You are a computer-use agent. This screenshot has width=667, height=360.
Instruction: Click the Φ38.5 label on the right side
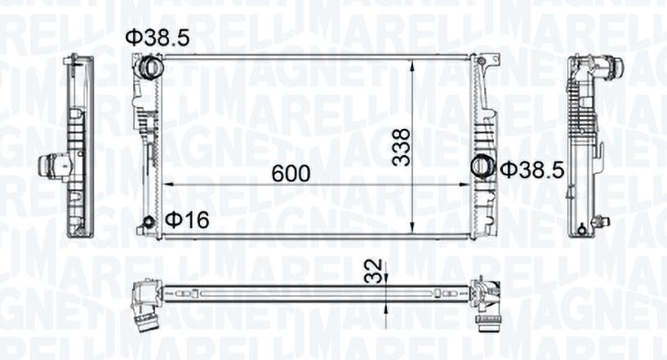pyautogui.click(x=531, y=170)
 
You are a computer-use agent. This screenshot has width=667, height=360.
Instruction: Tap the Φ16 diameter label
pyautogui.click(x=187, y=220)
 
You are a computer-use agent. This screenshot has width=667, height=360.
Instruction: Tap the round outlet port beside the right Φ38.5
pyautogui.click(x=482, y=167)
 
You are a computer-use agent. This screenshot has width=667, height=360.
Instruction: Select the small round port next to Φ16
pyautogui.click(x=148, y=224)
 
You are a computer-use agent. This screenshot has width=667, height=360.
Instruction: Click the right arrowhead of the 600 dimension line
pyautogui.click(x=467, y=185)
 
